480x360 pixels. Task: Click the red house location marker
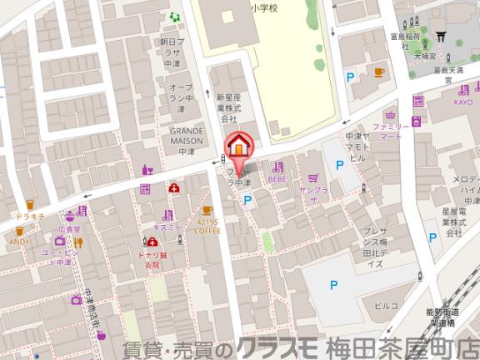point(238,145)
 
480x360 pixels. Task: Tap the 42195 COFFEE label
point(207,228)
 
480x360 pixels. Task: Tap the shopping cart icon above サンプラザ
point(312,177)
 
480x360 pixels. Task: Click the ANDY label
point(18,242)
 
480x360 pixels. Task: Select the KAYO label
point(463,102)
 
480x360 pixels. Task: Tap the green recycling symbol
point(174,17)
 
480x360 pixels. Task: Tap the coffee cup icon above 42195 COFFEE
point(207,211)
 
